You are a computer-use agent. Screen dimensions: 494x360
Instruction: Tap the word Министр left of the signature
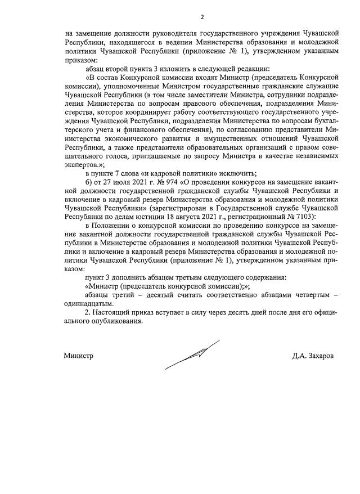(x=78, y=356)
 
